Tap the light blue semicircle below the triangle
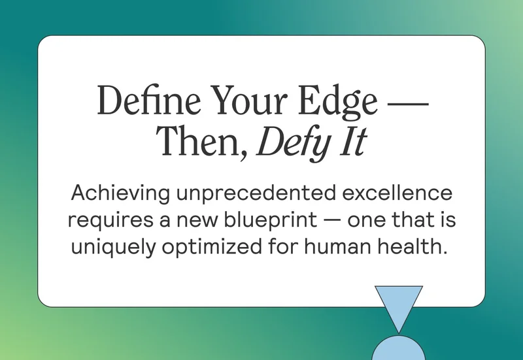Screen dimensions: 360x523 pyautogui.click(x=398, y=349)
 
